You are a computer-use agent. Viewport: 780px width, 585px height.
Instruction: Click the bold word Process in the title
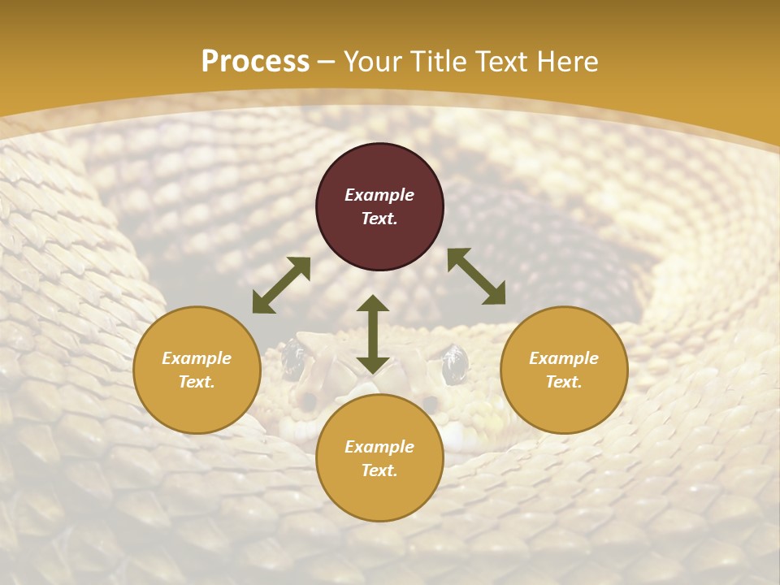click(255, 62)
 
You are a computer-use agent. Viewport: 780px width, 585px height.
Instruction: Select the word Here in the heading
click(567, 61)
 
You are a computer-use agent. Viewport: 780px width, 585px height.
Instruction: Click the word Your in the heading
click(373, 61)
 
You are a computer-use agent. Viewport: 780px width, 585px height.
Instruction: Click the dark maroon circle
click(379, 206)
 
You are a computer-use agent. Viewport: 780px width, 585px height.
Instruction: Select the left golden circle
click(197, 370)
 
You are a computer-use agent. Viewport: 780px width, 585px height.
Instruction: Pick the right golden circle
click(564, 370)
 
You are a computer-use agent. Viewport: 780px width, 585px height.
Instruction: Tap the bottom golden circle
click(379, 457)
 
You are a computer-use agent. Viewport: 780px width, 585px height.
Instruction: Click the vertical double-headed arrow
click(373, 334)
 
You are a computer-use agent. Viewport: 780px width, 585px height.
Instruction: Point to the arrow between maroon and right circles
click(477, 275)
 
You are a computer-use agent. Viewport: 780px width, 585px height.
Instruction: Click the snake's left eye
click(293, 359)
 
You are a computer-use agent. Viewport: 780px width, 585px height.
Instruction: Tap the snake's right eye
click(453, 365)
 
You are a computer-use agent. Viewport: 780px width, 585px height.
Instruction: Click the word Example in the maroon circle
click(379, 194)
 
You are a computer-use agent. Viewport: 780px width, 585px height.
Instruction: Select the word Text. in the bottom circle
click(379, 470)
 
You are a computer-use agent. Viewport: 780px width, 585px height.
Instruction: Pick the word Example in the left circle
click(197, 357)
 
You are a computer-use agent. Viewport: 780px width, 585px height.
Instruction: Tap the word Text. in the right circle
click(564, 382)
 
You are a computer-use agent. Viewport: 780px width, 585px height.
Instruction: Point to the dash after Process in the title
click(327, 63)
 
